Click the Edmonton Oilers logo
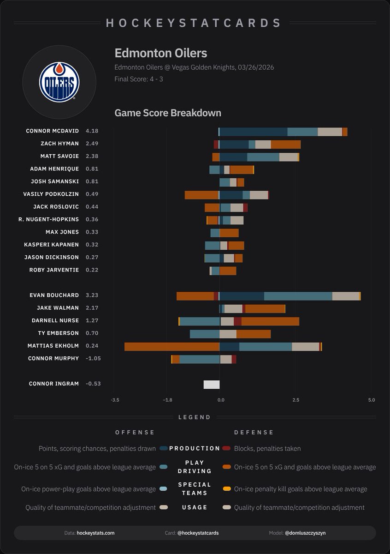tap(59, 82)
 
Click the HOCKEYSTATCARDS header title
tap(194, 23)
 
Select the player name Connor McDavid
tap(52, 131)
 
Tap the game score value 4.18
tap(92, 131)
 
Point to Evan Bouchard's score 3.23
tap(92, 295)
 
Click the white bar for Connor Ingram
tap(212, 385)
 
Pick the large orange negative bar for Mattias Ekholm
tap(171, 346)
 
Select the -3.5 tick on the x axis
tap(115, 400)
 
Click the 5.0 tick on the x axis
tap(371, 400)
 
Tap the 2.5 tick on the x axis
tap(295, 400)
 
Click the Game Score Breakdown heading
tap(168, 113)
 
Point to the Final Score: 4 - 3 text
tap(139, 79)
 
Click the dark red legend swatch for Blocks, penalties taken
tap(226, 448)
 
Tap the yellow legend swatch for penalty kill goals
tap(226, 489)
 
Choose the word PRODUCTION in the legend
tap(195, 448)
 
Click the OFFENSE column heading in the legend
tap(135, 433)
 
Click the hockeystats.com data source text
tap(95, 533)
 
